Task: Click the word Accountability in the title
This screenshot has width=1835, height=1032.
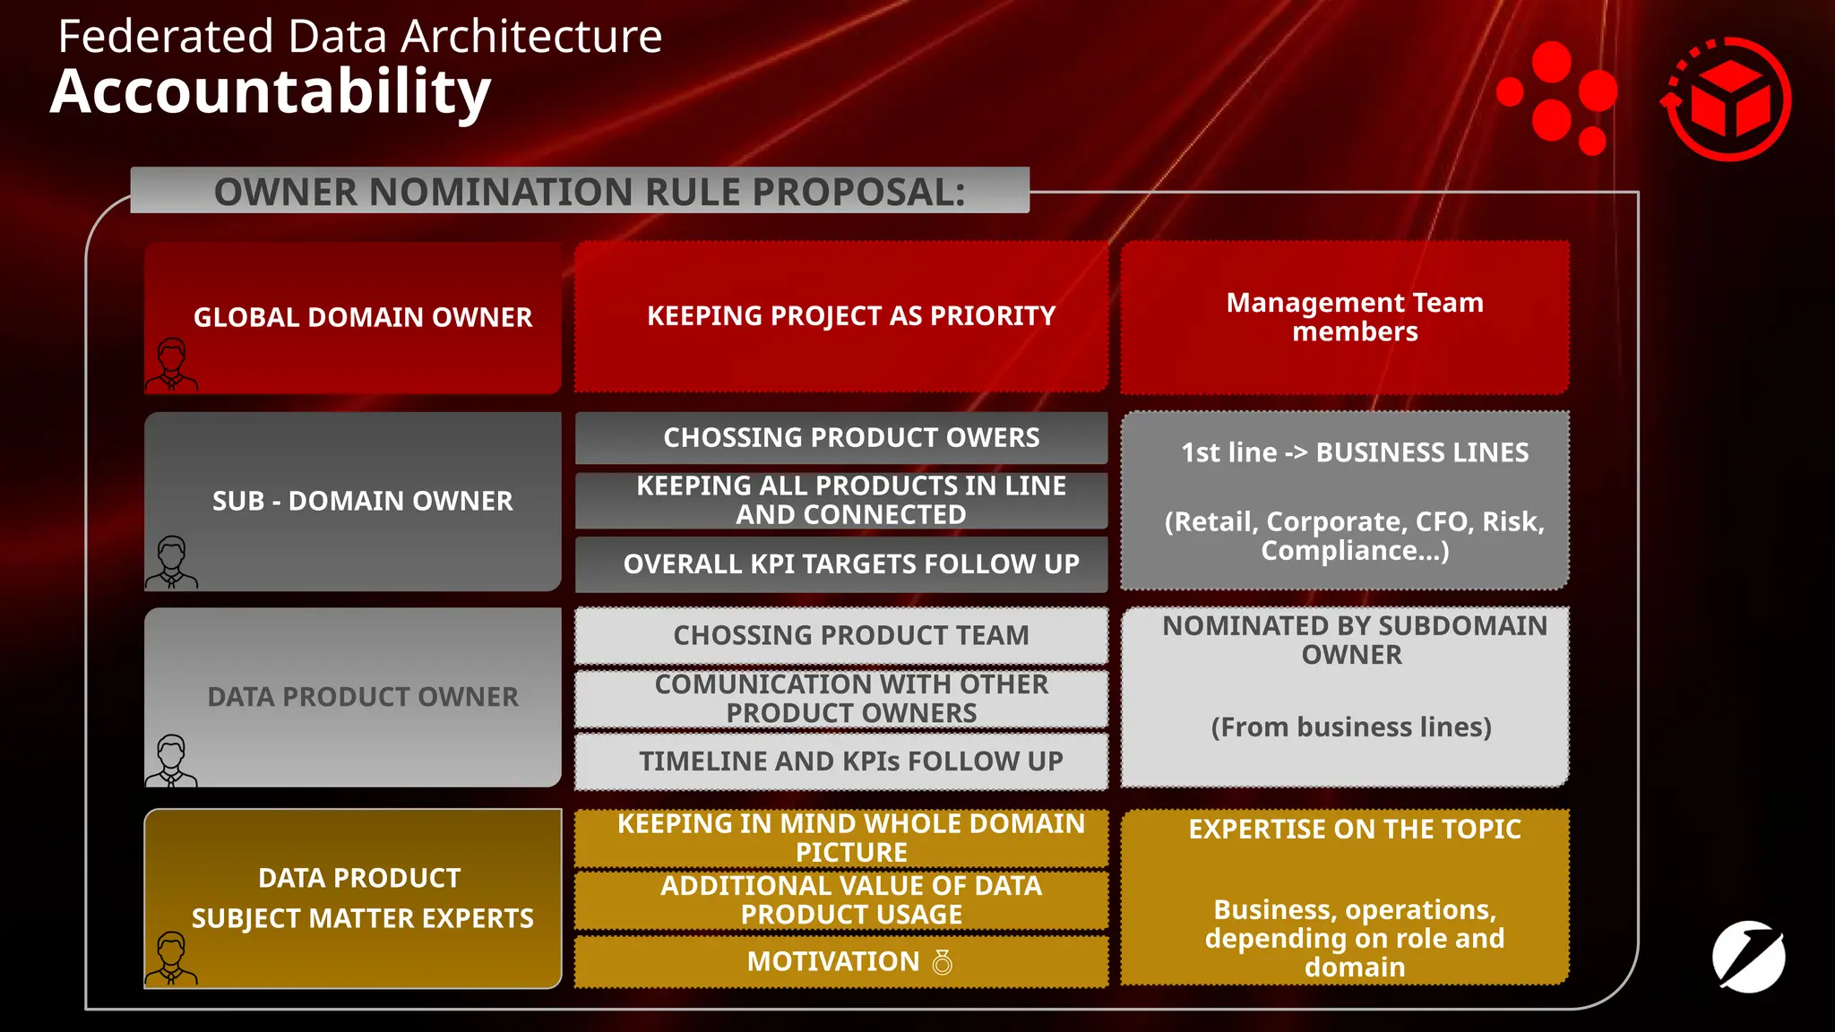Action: (270, 92)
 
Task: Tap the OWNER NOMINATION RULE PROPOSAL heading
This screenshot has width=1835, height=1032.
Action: (589, 192)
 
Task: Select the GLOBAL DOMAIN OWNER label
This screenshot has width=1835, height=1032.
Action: (363, 317)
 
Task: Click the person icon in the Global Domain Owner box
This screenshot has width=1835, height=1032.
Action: (171, 365)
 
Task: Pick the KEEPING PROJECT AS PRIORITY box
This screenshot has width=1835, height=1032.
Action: (850, 315)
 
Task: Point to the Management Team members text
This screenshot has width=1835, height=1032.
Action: (1354, 316)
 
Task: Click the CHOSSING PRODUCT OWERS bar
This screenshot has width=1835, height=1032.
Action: (850, 437)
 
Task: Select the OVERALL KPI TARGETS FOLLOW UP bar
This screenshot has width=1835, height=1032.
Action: (850, 563)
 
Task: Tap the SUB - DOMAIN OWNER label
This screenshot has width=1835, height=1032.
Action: (363, 501)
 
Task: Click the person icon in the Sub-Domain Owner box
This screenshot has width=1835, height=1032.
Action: (171, 562)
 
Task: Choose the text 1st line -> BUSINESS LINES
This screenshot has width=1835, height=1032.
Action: (1354, 452)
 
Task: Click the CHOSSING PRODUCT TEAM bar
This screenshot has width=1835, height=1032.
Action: (850, 635)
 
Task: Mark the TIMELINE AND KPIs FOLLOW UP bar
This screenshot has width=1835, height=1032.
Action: (850, 761)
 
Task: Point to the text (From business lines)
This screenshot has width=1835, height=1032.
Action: (1351, 727)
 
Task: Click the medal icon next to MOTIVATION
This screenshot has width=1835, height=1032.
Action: (942, 962)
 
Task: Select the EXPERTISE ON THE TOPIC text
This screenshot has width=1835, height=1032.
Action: (1354, 830)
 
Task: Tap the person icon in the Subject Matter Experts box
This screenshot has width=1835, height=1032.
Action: (171, 958)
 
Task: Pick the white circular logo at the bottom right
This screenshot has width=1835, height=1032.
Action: (1748, 957)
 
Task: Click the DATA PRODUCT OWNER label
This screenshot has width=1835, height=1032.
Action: (363, 697)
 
